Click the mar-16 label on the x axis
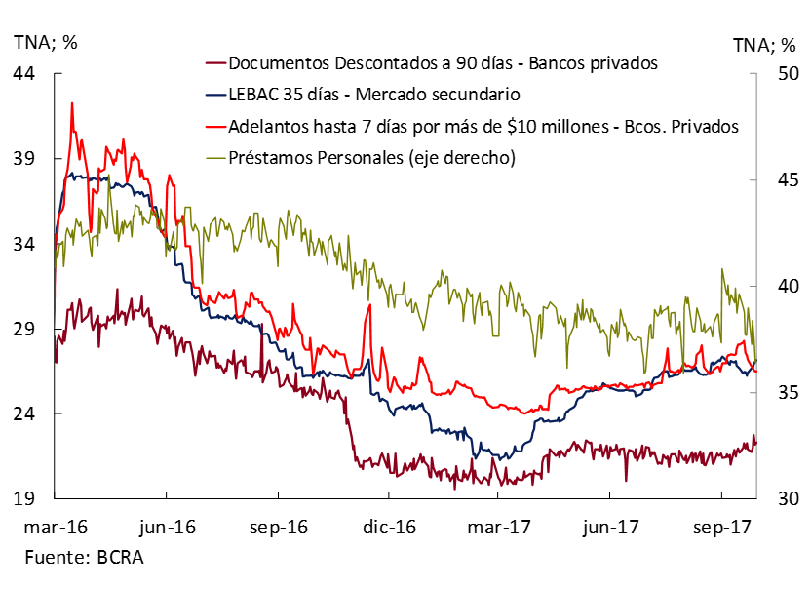pyautogui.click(x=55, y=527)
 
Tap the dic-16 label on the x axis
pyautogui.click(x=389, y=527)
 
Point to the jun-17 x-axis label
pyautogui.click(x=611, y=527)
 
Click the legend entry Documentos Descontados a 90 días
pyautogui.click(x=443, y=63)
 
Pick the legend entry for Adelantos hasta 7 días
pyautogui.click(x=482, y=126)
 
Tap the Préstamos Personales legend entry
pyautogui.click(x=370, y=157)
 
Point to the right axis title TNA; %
pyautogui.click(x=765, y=44)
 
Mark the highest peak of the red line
pyautogui.click(x=71, y=102)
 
